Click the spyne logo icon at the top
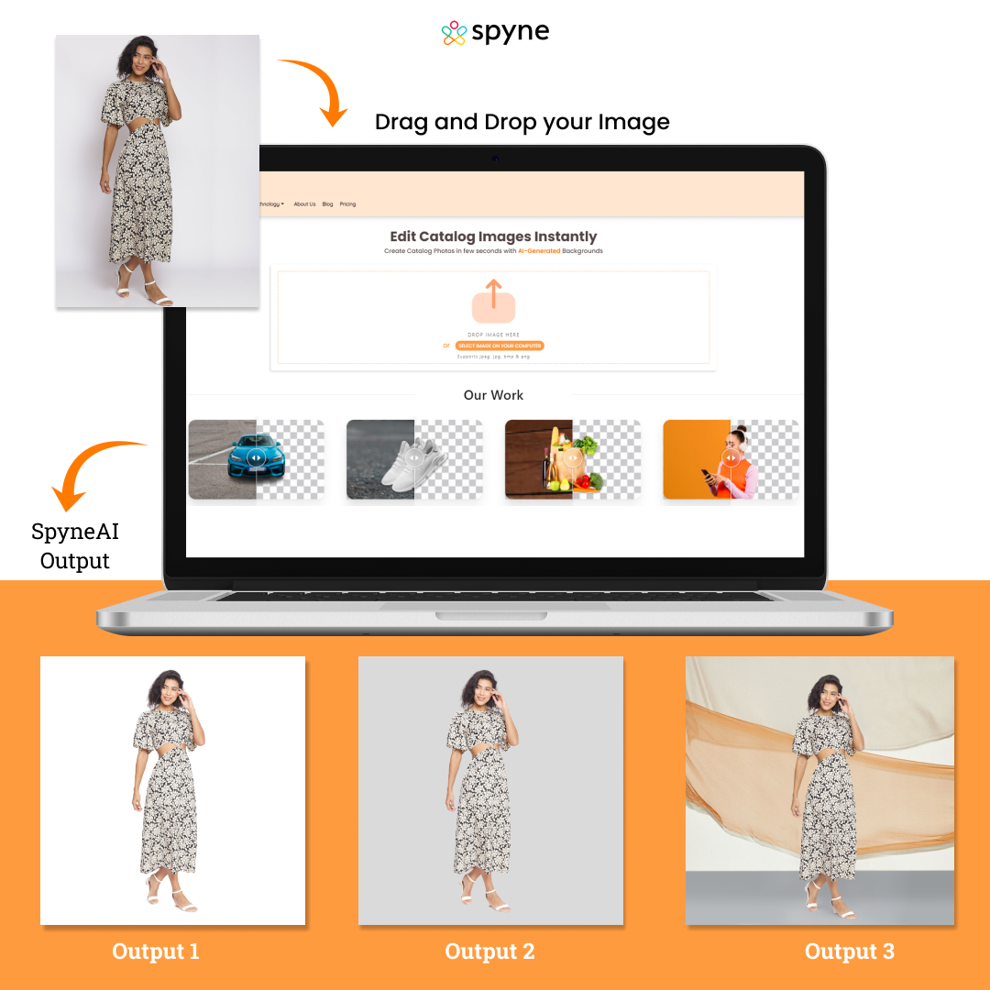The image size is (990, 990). pyautogui.click(x=454, y=33)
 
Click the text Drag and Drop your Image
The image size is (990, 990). pyautogui.click(x=522, y=122)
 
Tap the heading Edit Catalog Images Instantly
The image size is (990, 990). pyautogui.click(x=493, y=236)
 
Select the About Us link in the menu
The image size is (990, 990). pyautogui.click(x=304, y=204)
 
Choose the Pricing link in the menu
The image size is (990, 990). pyautogui.click(x=347, y=204)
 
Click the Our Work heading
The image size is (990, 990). pyautogui.click(x=493, y=395)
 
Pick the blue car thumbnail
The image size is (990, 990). pyautogui.click(x=256, y=458)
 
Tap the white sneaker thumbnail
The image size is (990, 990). pyautogui.click(x=414, y=458)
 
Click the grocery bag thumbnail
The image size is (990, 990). pyautogui.click(x=572, y=458)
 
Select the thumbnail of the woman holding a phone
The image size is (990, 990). pyautogui.click(x=731, y=458)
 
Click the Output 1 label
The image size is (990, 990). pyautogui.click(x=156, y=951)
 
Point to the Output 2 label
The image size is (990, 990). pyautogui.click(x=489, y=951)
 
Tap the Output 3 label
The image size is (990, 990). pyautogui.click(x=849, y=951)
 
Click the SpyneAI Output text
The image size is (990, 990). pyautogui.click(x=75, y=546)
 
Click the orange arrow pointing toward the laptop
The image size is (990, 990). pyautogui.click(x=317, y=90)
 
